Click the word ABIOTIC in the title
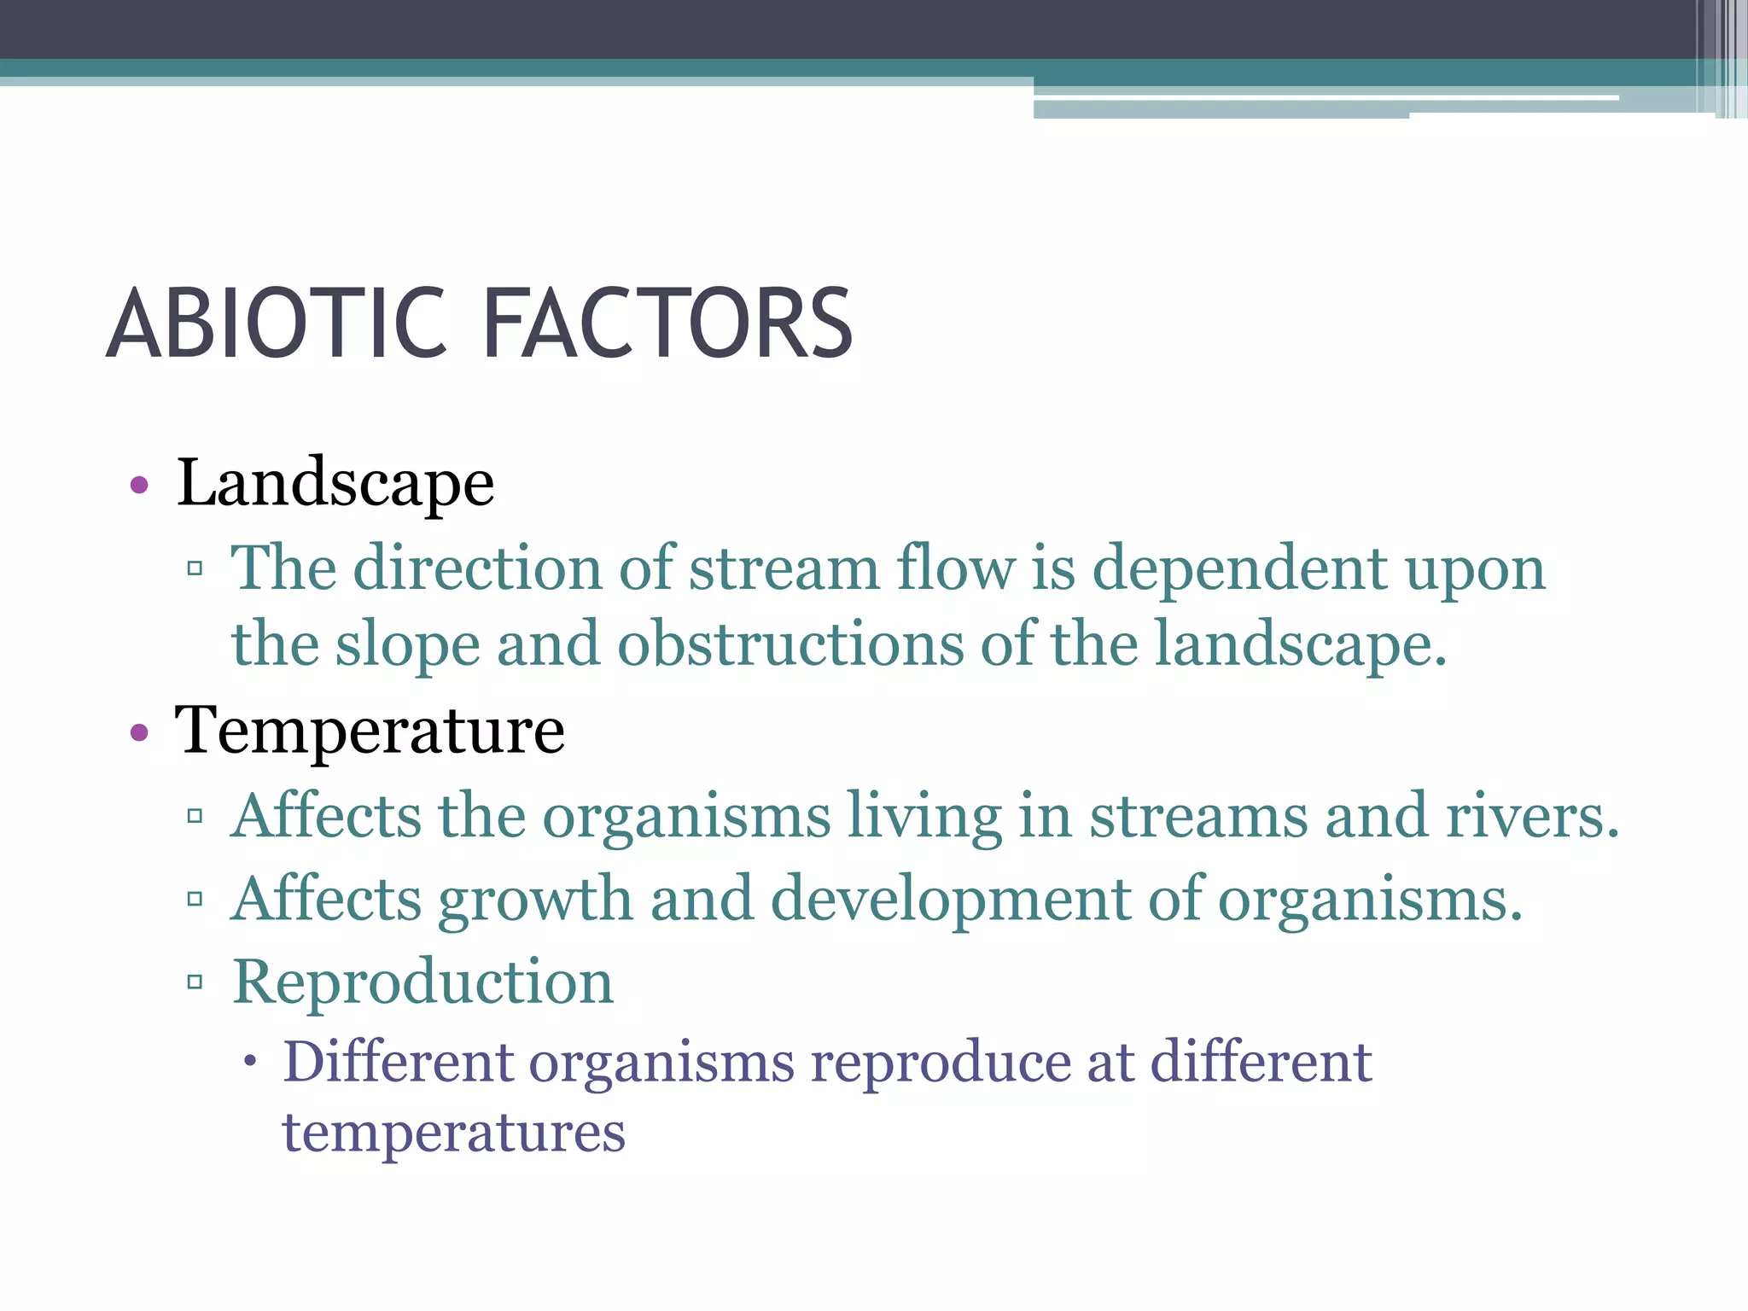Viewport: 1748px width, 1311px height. tap(277, 323)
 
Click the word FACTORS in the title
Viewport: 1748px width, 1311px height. tap(667, 323)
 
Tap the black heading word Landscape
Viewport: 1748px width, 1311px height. tap(335, 484)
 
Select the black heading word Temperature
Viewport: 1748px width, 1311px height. tap(370, 731)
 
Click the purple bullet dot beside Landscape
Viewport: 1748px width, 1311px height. tap(139, 487)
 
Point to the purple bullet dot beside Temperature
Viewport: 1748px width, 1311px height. tap(139, 732)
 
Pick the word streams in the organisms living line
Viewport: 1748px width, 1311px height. tap(1198, 816)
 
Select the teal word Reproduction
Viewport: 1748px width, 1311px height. tap(423, 982)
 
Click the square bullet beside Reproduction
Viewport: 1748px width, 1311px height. tap(195, 982)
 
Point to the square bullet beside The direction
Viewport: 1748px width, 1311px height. tap(195, 568)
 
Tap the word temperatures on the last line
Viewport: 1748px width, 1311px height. tap(454, 1133)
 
